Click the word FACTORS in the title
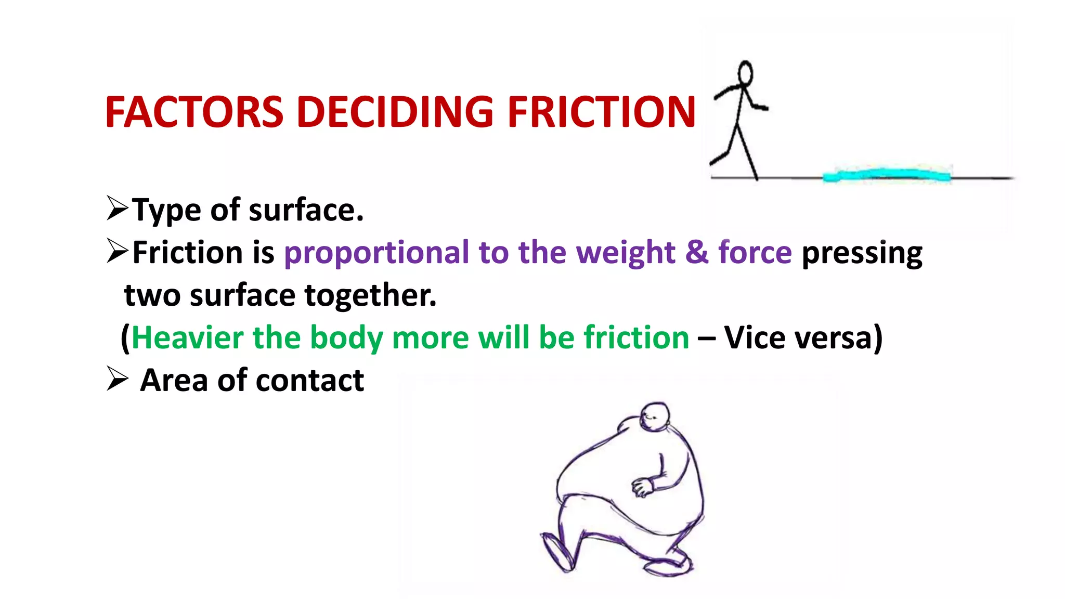click(194, 112)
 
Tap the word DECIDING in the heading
click(395, 112)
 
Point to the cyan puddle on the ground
click(887, 175)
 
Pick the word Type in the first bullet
click(166, 211)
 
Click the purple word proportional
click(376, 253)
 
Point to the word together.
click(370, 295)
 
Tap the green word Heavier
click(187, 337)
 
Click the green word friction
click(637, 337)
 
